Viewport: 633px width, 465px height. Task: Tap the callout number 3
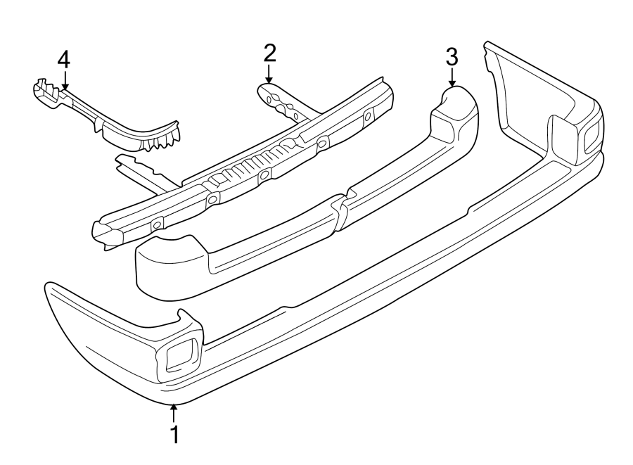pos(452,56)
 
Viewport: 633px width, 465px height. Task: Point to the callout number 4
pos(63,60)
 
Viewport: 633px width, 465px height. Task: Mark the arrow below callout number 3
pos(452,77)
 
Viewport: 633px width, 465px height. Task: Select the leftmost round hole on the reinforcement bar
pos(157,224)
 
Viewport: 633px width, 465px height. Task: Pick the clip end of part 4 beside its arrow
pos(44,92)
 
